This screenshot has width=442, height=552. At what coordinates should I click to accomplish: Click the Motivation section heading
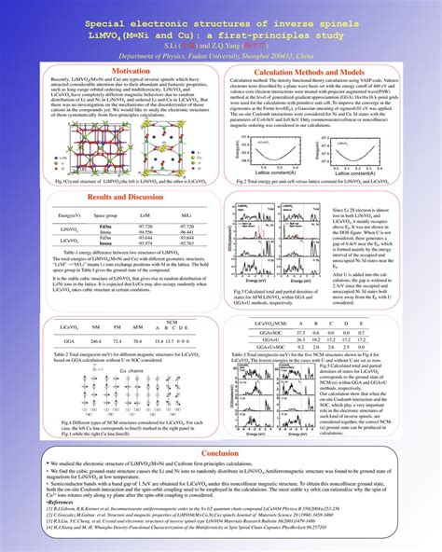[104, 71]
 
